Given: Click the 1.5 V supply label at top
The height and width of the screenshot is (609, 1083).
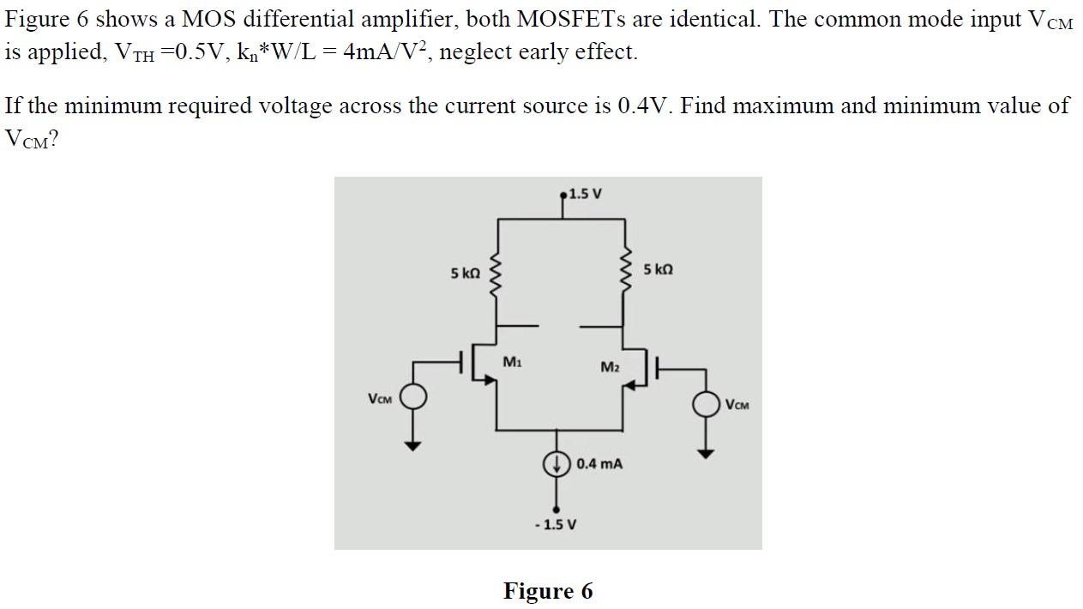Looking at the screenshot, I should [585, 193].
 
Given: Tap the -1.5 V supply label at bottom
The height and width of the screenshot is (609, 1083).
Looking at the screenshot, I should [555, 524].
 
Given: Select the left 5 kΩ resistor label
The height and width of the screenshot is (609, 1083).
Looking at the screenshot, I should [465, 274].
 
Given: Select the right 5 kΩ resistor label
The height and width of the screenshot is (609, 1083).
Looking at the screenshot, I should [658, 269].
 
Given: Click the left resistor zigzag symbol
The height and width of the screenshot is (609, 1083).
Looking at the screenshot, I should [495, 277].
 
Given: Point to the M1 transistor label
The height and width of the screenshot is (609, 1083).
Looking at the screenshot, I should [512, 362].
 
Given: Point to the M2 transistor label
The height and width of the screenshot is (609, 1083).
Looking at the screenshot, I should [610, 367].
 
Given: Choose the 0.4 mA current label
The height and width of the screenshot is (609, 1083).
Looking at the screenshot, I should [599, 464].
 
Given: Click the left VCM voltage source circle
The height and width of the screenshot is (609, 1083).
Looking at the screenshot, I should [413, 397].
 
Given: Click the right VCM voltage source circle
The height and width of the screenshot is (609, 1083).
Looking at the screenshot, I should [706, 403].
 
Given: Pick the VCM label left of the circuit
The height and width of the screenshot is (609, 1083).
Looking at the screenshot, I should [380, 399].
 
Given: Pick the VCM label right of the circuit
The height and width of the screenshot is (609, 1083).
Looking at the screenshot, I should [737, 404].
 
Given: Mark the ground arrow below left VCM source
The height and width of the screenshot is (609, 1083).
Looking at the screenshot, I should [413, 444].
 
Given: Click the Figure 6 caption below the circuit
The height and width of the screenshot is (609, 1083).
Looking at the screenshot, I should [547, 591].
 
